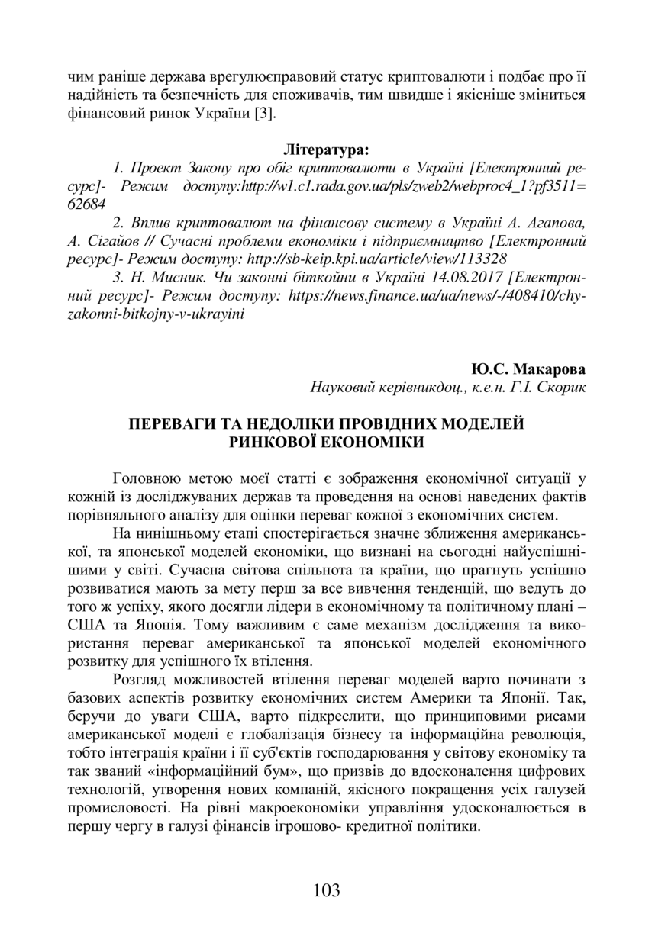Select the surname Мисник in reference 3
(x=167, y=277)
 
